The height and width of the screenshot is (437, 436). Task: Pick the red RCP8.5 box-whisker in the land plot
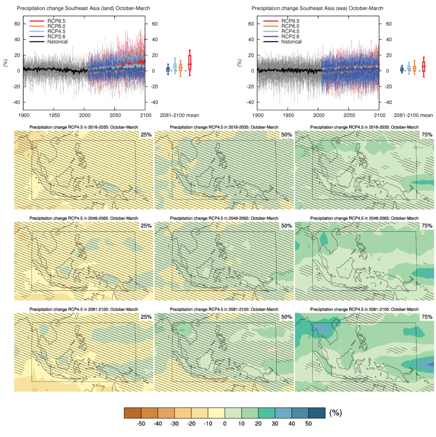pyautogui.click(x=189, y=63)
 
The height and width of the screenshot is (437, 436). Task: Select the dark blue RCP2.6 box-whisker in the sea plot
pyautogui.click(x=402, y=69)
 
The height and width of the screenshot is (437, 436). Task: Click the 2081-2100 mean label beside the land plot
pyautogui.click(x=179, y=115)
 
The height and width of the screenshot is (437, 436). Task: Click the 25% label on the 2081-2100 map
pyautogui.click(x=146, y=317)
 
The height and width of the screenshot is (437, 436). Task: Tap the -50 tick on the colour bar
pyautogui.click(x=141, y=424)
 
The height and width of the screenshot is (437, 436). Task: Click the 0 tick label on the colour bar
pyautogui.click(x=225, y=424)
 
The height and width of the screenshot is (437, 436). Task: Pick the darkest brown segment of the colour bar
pyautogui.click(x=132, y=413)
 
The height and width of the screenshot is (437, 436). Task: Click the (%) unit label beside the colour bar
pyautogui.click(x=335, y=413)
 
